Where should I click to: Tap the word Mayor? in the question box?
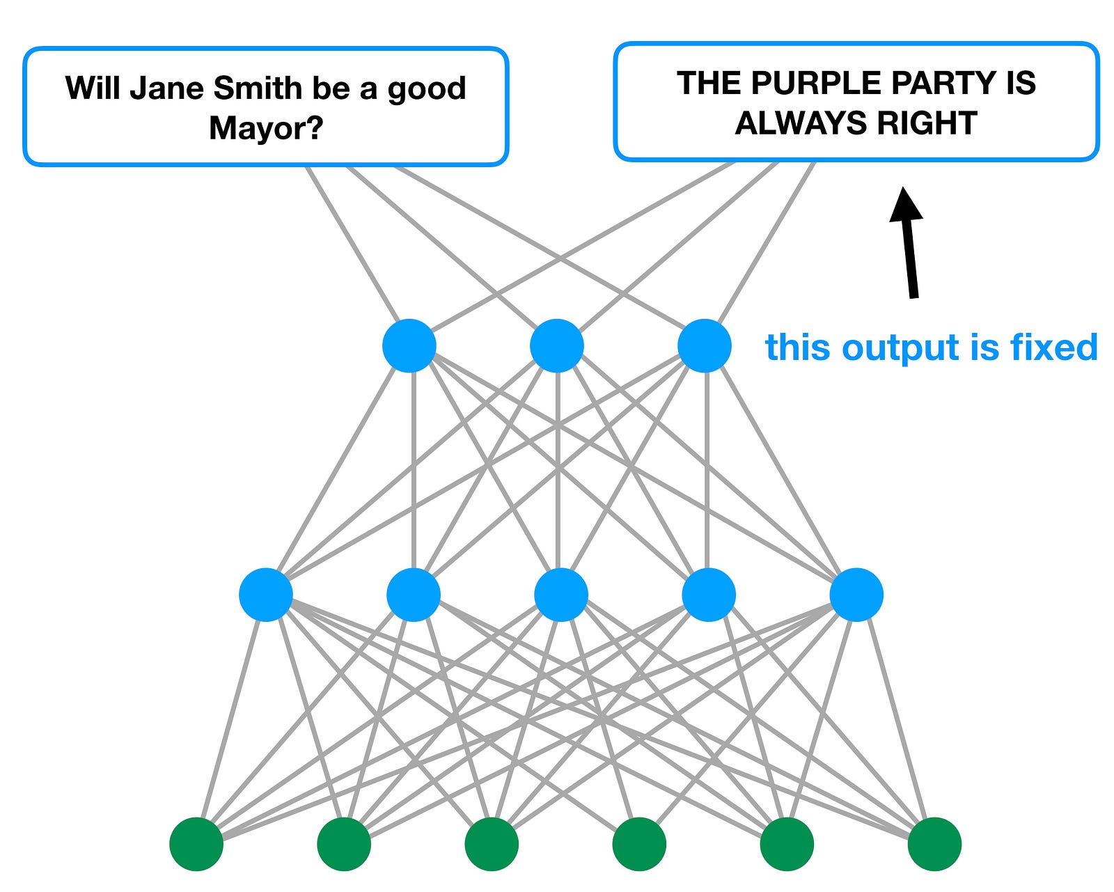pos(266,128)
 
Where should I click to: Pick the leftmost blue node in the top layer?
pos(409,345)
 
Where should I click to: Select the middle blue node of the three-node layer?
pos(557,345)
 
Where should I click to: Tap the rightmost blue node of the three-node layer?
pos(705,345)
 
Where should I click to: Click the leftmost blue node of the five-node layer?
pos(266,595)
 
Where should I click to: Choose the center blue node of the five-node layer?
pos(561,595)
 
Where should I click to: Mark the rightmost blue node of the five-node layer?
pos(856,595)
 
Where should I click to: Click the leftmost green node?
pos(196,844)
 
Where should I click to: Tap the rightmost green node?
pos(934,844)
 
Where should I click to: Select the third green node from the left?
pos(492,844)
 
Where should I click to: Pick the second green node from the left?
pos(344,844)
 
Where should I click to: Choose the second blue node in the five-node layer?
pos(414,595)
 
